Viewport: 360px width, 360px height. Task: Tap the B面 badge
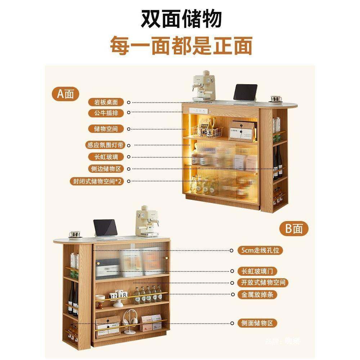[294, 229]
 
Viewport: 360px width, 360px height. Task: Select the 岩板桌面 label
[106, 102]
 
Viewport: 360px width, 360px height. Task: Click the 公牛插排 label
[106, 113]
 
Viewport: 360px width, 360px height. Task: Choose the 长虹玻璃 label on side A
[106, 157]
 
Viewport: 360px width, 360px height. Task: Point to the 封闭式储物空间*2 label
[96, 181]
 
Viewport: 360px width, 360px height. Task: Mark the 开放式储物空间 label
[263, 283]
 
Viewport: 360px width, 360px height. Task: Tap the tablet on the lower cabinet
[105, 229]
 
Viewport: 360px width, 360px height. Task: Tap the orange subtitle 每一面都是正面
[181, 46]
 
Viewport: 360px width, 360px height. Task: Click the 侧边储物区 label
[106, 168]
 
